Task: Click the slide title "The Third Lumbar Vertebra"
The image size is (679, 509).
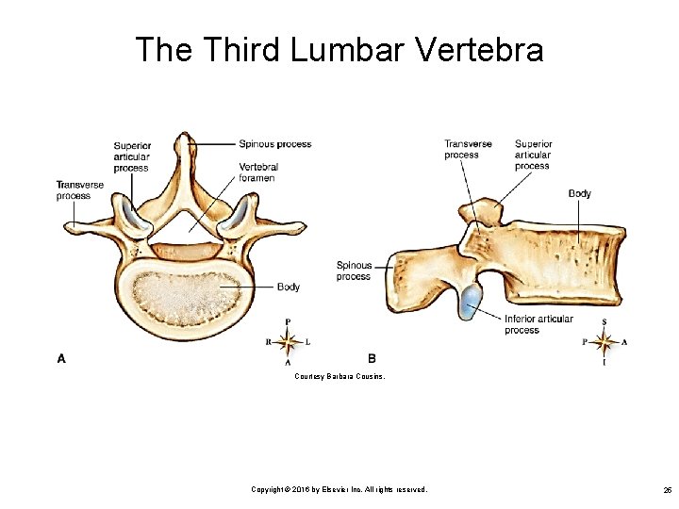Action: tap(339, 49)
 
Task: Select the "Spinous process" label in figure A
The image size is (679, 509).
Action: tap(274, 144)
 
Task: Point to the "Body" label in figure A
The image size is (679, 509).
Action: tap(289, 287)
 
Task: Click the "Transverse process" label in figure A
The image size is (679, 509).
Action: tap(73, 190)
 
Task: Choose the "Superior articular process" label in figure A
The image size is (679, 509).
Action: tap(131, 156)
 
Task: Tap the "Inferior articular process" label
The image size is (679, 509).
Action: tap(538, 324)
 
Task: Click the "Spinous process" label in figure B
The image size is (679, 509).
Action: tap(354, 271)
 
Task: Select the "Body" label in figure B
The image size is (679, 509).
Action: tap(579, 194)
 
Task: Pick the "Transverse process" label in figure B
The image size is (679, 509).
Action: tap(468, 149)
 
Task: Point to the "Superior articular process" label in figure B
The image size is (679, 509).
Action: tap(533, 155)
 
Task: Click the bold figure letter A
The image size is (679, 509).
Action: tap(61, 357)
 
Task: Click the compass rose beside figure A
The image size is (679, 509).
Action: tap(288, 341)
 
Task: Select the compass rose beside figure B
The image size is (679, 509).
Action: tap(604, 341)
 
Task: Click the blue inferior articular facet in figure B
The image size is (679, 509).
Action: tap(469, 302)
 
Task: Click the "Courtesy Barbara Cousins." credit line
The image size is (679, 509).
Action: tap(339, 376)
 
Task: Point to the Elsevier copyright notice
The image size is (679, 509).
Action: tap(339, 489)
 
